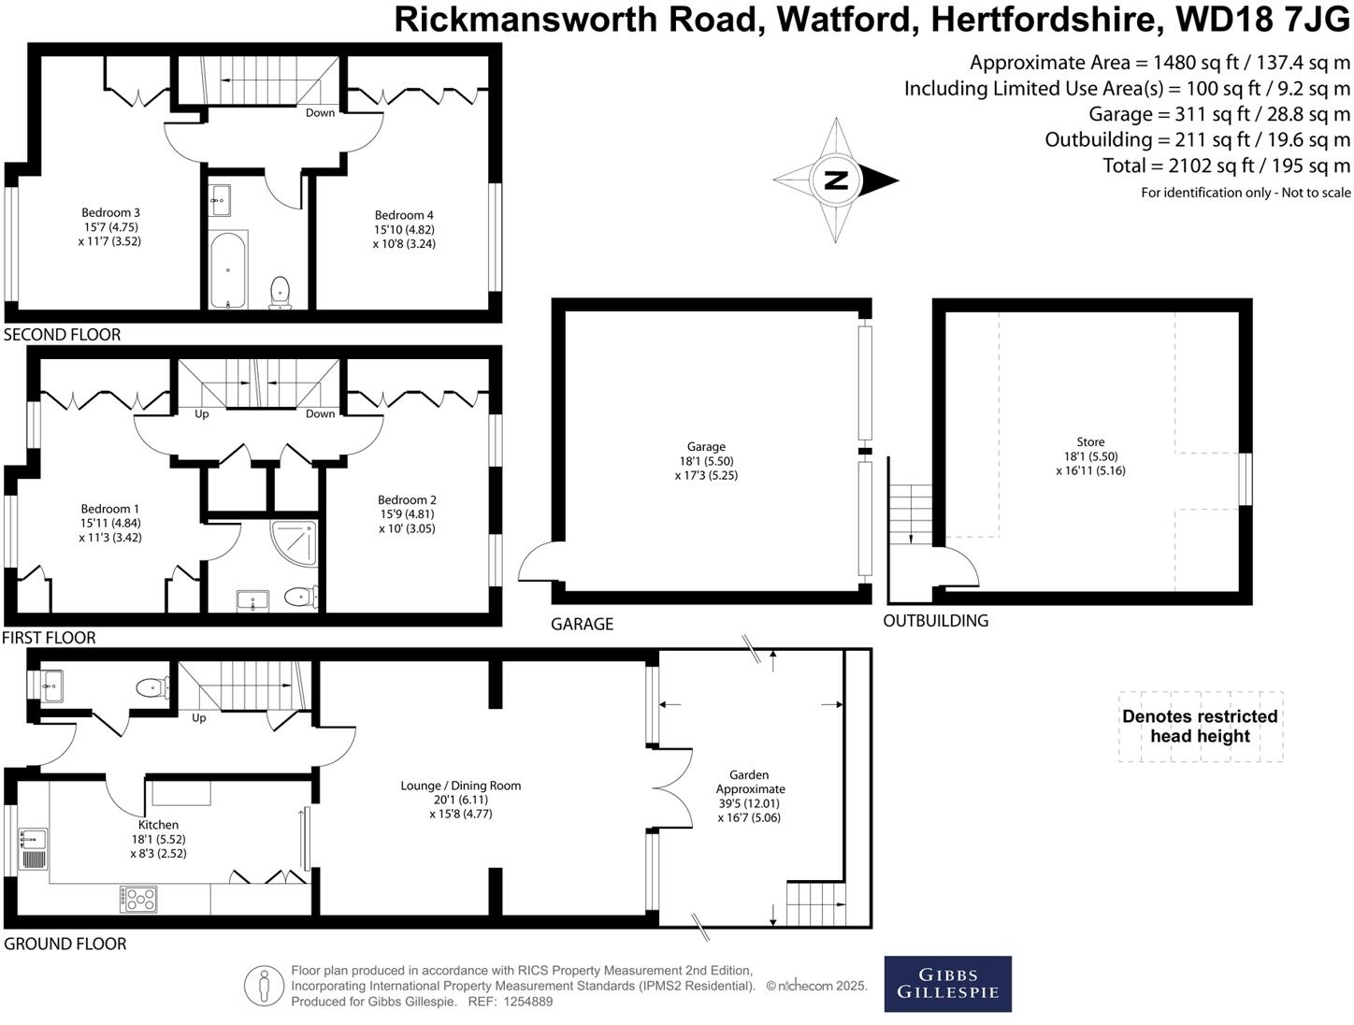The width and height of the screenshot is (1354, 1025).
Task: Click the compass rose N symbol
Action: (x=836, y=180)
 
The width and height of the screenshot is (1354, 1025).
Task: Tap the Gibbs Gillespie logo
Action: (x=947, y=983)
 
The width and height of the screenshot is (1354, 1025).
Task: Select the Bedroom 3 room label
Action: (x=110, y=212)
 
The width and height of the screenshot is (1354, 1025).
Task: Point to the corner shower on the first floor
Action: (x=294, y=544)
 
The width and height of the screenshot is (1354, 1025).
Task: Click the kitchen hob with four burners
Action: (x=138, y=899)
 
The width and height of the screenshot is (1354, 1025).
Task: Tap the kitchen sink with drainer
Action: (x=34, y=848)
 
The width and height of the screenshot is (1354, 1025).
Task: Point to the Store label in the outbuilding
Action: (x=1090, y=441)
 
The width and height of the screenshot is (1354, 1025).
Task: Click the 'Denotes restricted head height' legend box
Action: (x=1200, y=727)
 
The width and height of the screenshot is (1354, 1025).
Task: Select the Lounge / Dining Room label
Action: (x=460, y=786)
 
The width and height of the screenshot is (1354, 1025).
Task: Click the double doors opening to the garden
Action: (x=671, y=788)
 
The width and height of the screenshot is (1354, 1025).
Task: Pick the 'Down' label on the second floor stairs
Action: (x=320, y=112)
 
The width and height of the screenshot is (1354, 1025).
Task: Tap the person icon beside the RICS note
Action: (x=265, y=985)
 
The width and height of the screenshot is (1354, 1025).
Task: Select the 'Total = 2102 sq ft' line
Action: (x=1226, y=166)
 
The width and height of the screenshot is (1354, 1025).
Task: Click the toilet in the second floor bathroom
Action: (x=280, y=292)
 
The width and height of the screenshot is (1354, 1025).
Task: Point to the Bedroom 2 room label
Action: (x=407, y=499)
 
